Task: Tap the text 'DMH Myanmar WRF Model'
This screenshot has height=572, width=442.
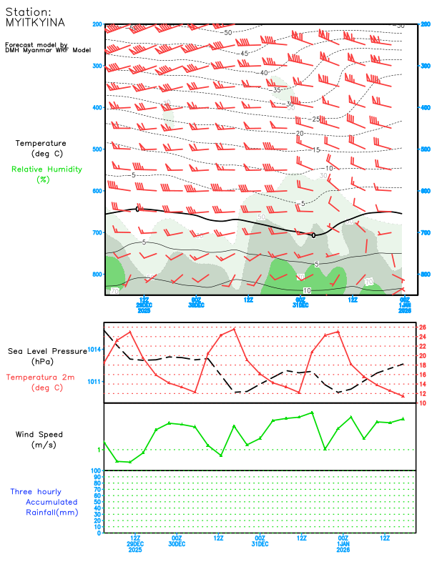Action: tap(47, 50)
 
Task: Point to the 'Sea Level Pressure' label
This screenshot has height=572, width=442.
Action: tap(46, 351)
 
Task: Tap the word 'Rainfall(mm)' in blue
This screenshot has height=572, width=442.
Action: tap(51, 512)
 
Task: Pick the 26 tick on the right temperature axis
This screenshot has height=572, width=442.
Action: tap(423, 327)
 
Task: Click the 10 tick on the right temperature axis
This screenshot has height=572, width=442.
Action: tap(423, 403)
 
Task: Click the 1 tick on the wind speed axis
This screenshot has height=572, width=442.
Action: tap(99, 450)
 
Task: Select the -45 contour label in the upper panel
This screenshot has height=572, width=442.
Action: tap(244, 54)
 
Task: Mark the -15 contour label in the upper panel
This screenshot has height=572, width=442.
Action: tap(315, 149)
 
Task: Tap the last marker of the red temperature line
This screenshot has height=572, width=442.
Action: tap(403, 395)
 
